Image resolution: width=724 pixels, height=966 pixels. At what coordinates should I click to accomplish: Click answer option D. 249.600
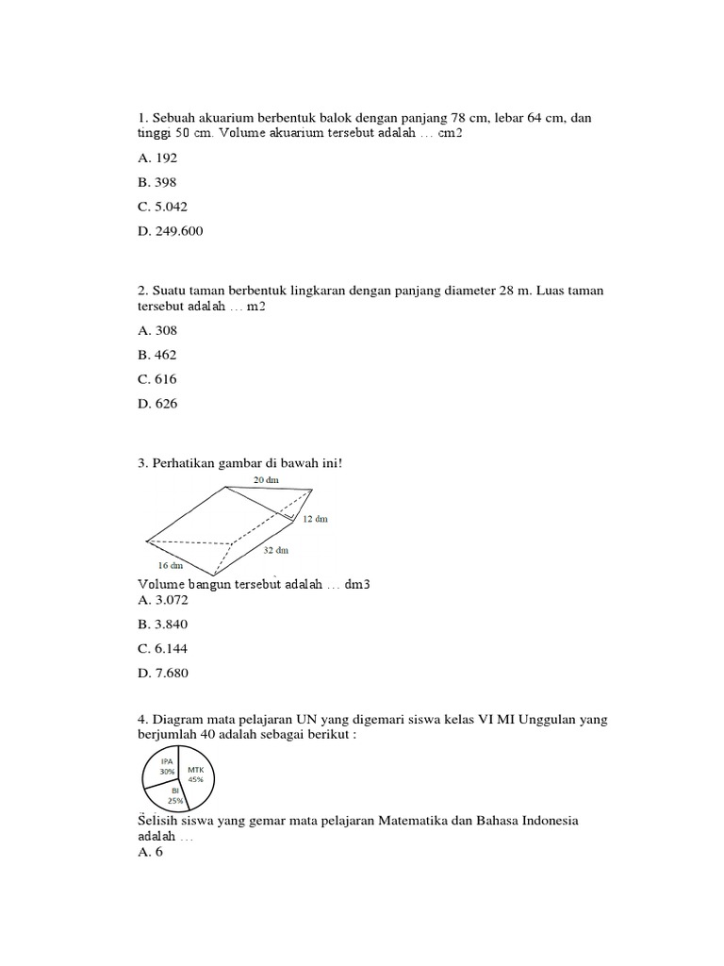point(170,231)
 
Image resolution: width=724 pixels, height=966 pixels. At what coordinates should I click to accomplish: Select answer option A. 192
point(157,158)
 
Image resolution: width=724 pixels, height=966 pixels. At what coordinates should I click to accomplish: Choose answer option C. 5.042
point(163,207)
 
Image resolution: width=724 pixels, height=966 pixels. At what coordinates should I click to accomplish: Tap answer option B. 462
point(157,355)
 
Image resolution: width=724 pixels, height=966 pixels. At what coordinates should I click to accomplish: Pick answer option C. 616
point(157,379)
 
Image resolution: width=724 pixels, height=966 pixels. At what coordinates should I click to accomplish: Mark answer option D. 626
point(157,404)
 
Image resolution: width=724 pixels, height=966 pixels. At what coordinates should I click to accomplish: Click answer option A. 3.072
point(163,599)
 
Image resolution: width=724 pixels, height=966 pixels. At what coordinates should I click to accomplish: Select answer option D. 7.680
point(163,673)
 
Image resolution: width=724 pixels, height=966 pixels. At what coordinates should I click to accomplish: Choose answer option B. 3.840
point(163,624)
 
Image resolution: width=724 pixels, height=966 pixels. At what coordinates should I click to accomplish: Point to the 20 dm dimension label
point(266,480)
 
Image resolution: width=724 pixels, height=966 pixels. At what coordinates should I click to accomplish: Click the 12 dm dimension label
point(315,519)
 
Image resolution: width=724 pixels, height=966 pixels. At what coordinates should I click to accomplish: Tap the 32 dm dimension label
point(276,549)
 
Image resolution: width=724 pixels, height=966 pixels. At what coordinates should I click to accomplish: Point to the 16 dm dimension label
point(171,566)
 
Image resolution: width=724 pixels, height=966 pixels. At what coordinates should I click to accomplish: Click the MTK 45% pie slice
point(197,774)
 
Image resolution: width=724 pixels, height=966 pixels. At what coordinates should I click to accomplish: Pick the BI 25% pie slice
point(175,796)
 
